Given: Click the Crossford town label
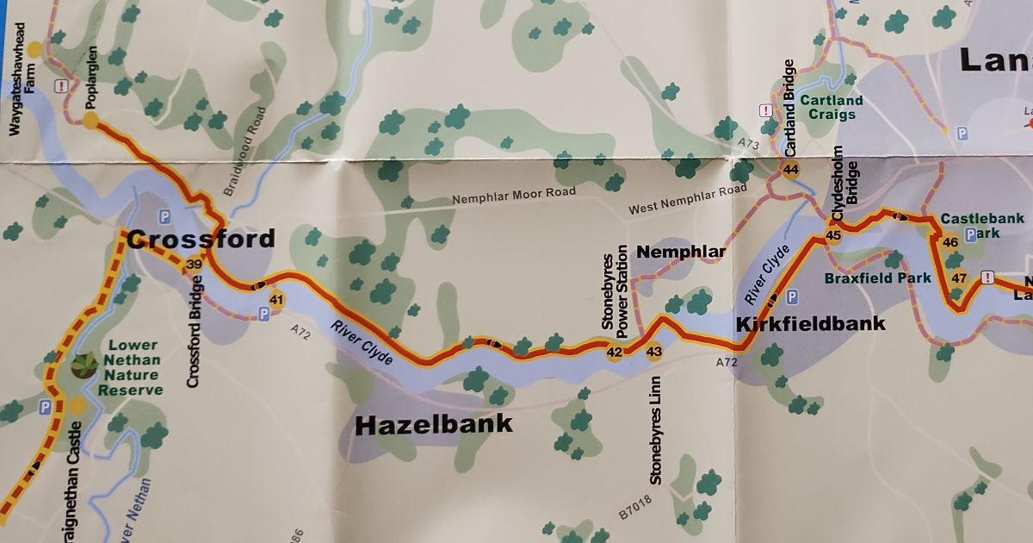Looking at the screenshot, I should pyautogui.click(x=201, y=239).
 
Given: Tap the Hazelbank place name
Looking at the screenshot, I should pyautogui.click(x=434, y=424).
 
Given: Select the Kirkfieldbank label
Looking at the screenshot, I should pyautogui.click(x=810, y=324).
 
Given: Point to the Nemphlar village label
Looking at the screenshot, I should pyautogui.click(x=681, y=252).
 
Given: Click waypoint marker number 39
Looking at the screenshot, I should pyautogui.click(x=195, y=265).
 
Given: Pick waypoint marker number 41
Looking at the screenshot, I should pyautogui.click(x=276, y=300).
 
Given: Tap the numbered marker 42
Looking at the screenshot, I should pyautogui.click(x=615, y=352).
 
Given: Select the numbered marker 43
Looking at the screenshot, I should pyautogui.click(x=654, y=352).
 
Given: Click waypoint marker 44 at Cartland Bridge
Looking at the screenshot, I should pyautogui.click(x=790, y=170).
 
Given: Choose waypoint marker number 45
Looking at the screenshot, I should pyautogui.click(x=832, y=235).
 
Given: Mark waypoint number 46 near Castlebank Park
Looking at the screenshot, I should pyautogui.click(x=950, y=243).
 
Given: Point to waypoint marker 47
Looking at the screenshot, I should pyautogui.click(x=960, y=278).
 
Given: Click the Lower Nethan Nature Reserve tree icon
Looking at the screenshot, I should pyautogui.click(x=84, y=365).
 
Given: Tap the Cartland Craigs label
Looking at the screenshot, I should pyautogui.click(x=831, y=108).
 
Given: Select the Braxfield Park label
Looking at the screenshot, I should pyautogui.click(x=877, y=278).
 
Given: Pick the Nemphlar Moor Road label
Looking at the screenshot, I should pyautogui.click(x=515, y=197).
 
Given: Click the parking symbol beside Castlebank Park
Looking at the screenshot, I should pyautogui.click(x=972, y=234).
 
